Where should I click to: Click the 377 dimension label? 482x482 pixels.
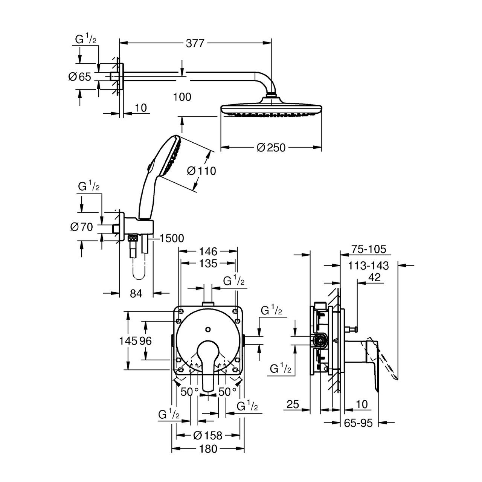point(195,44)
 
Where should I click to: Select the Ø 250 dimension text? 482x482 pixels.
point(271,148)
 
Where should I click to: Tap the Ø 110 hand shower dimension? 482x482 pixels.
point(202,171)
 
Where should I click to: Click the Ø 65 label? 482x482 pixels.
point(80,77)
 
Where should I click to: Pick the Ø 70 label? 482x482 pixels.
point(81,227)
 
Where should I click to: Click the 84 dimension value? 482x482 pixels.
point(136,293)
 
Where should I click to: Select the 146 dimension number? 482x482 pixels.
point(208,251)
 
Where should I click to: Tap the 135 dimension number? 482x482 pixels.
point(208,263)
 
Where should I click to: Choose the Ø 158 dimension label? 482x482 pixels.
point(208,435)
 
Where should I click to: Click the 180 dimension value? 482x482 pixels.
point(208,449)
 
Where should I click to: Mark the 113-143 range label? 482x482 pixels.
point(368,265)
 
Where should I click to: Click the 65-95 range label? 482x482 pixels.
point(358,423)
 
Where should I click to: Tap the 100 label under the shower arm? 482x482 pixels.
point(183,97)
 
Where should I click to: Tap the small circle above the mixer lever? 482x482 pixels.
point(208,330)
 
